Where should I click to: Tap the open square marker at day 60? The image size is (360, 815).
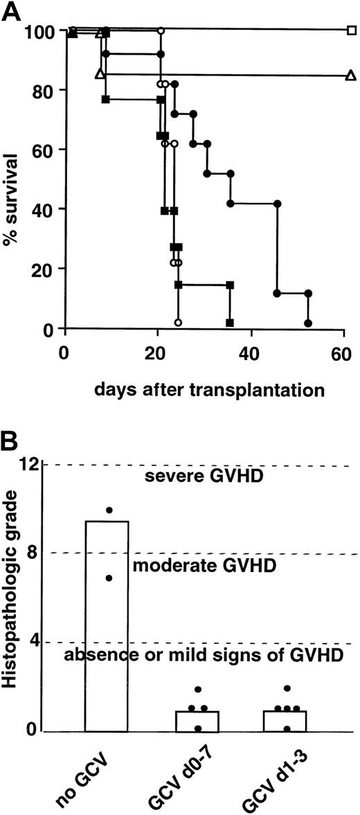352,30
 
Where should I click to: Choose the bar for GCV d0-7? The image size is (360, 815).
197,721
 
